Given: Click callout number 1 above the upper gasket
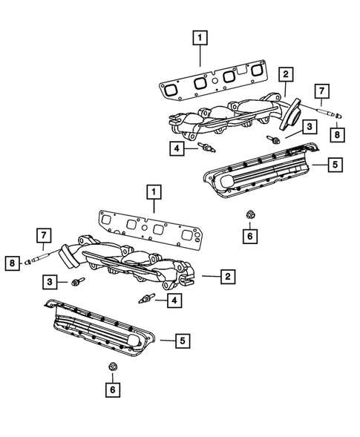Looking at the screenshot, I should click(198, 35).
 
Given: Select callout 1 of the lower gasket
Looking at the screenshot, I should click(154, 194).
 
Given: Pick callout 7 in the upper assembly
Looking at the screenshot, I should click(321, 91).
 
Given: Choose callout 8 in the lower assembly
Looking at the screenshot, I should click(12, 261).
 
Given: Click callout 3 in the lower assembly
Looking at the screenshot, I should click(50, 282).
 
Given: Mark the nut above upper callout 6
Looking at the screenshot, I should click(249, 215).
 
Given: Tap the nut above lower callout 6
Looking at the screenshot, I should click(112, 367).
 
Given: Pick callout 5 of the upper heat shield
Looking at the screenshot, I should click(335, 164).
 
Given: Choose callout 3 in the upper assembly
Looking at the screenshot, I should click(305, 128).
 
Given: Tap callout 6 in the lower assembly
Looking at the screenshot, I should click(112, 388).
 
